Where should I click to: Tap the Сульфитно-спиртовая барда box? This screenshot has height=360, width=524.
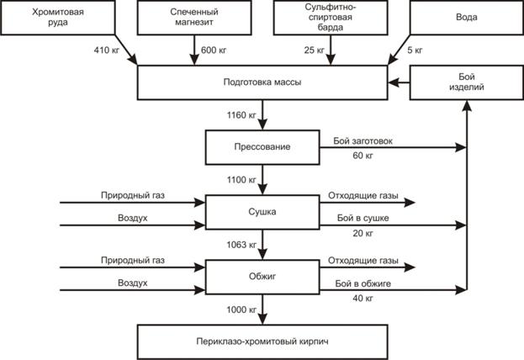pyautogui.click(x=329, y=18)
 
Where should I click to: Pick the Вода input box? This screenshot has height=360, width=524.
pyautogui.click(x=465, y=18)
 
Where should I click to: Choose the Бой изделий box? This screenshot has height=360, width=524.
pyautogui.click(x=465, y=82)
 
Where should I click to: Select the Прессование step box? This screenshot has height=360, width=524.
pyautogui.click(x=262, y=147)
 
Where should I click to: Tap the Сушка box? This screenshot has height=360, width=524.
pyautogui.click(x=262, y=213)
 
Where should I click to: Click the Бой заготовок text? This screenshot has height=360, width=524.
pyautogui.click(x=363, y=140)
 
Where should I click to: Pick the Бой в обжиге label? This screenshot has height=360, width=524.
pyautogui.click(x=363, y=283)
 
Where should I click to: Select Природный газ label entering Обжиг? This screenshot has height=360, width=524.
pyautogui.click(x=133, y=260)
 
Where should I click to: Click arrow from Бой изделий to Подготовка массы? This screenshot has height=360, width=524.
pyautogui.click(x=399, y=82)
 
